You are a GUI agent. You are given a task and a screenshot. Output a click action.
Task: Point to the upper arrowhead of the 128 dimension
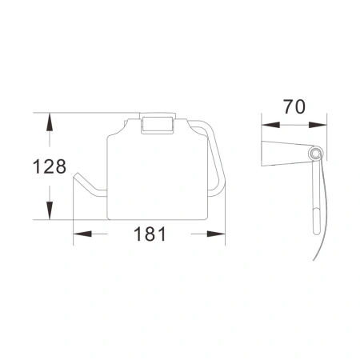pos(50,120)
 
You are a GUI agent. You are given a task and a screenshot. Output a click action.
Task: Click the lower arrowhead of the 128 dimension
pos(50,214)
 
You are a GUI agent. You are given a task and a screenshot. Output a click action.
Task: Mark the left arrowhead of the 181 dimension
pos(81,234)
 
